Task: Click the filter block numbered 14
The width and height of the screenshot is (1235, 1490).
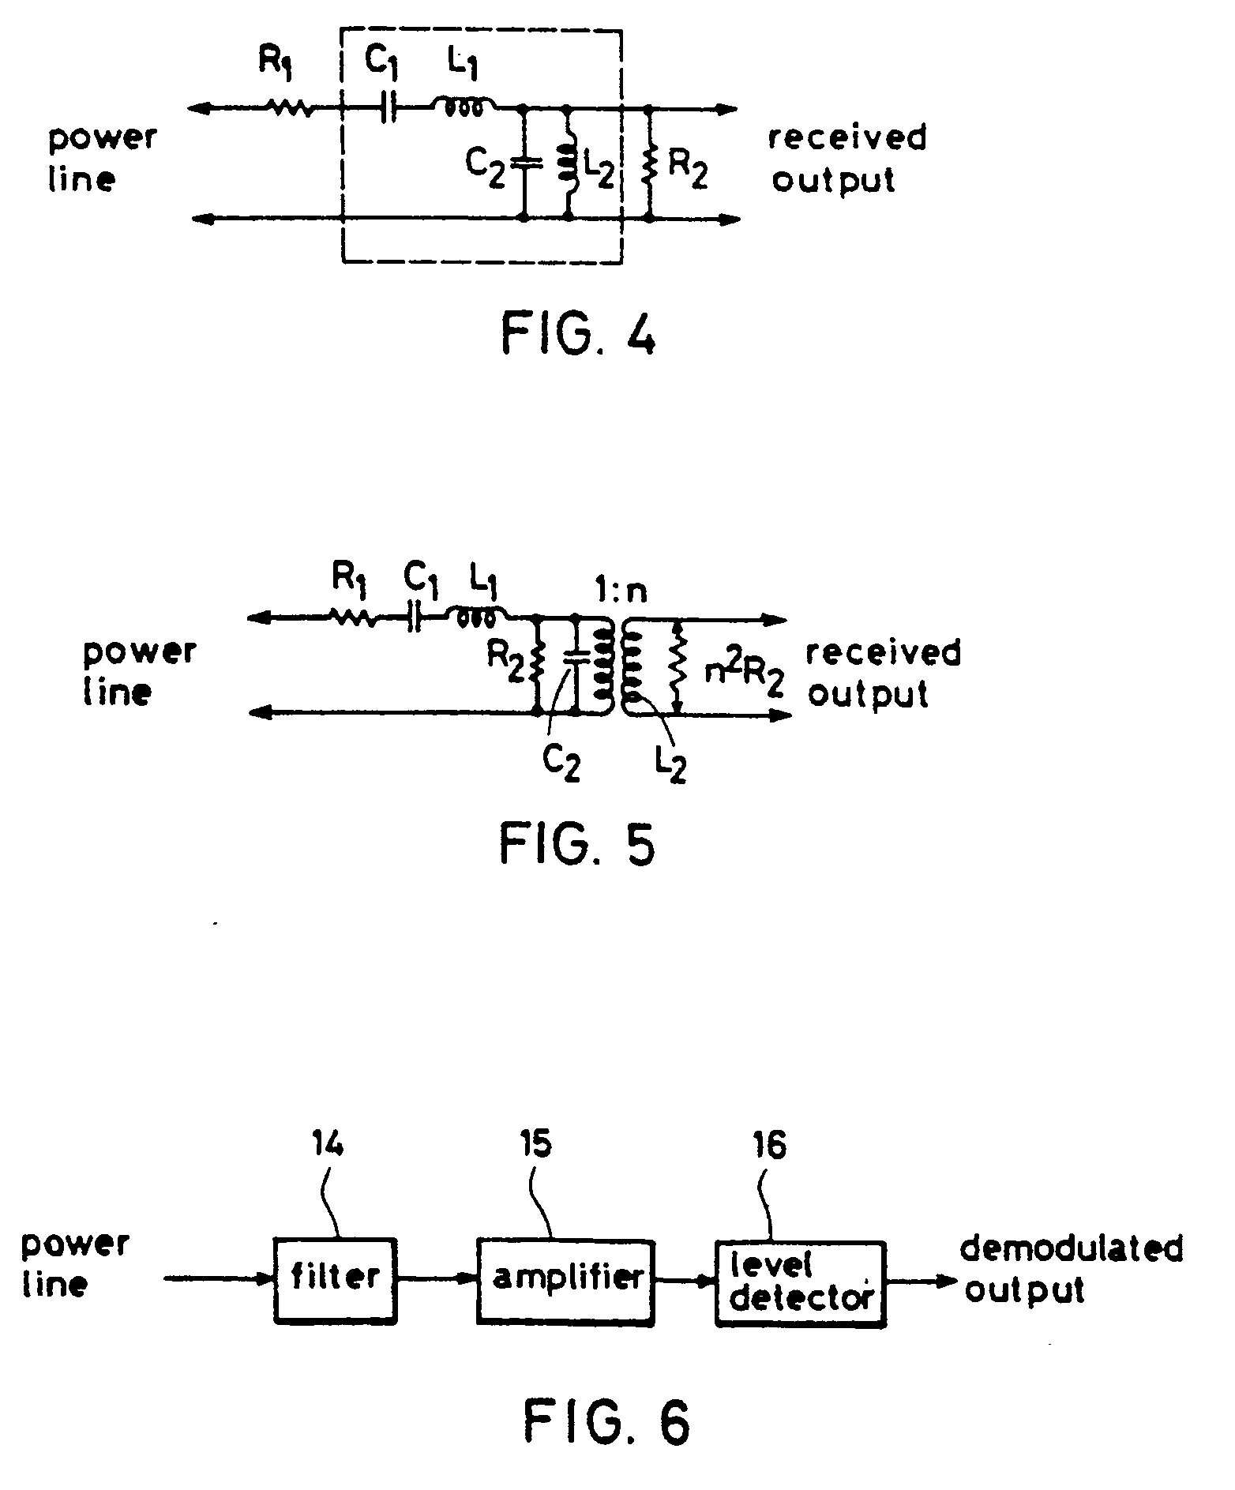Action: click(x=335, y=1280)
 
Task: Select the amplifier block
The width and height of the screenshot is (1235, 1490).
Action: click(x=565, y=1280)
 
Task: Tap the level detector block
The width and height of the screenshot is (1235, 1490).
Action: click(x=801, y=1283)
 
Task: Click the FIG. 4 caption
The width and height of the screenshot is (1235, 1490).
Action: click(x=579, y=336)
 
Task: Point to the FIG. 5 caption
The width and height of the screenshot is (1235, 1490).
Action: click(x=577, y=845)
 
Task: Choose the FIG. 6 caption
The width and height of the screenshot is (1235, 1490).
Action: click(x=606, y=1422)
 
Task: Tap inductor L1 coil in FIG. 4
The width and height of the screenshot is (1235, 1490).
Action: click(x=463, y=107)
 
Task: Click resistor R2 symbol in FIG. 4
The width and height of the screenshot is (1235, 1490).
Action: click(x=649, y=162)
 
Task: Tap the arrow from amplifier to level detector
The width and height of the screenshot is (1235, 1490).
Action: click(x=685, y=1282)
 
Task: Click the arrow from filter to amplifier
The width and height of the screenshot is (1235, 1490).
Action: click(x=437, y=1280)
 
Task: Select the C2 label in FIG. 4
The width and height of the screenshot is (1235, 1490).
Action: click(x=484, y=167)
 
